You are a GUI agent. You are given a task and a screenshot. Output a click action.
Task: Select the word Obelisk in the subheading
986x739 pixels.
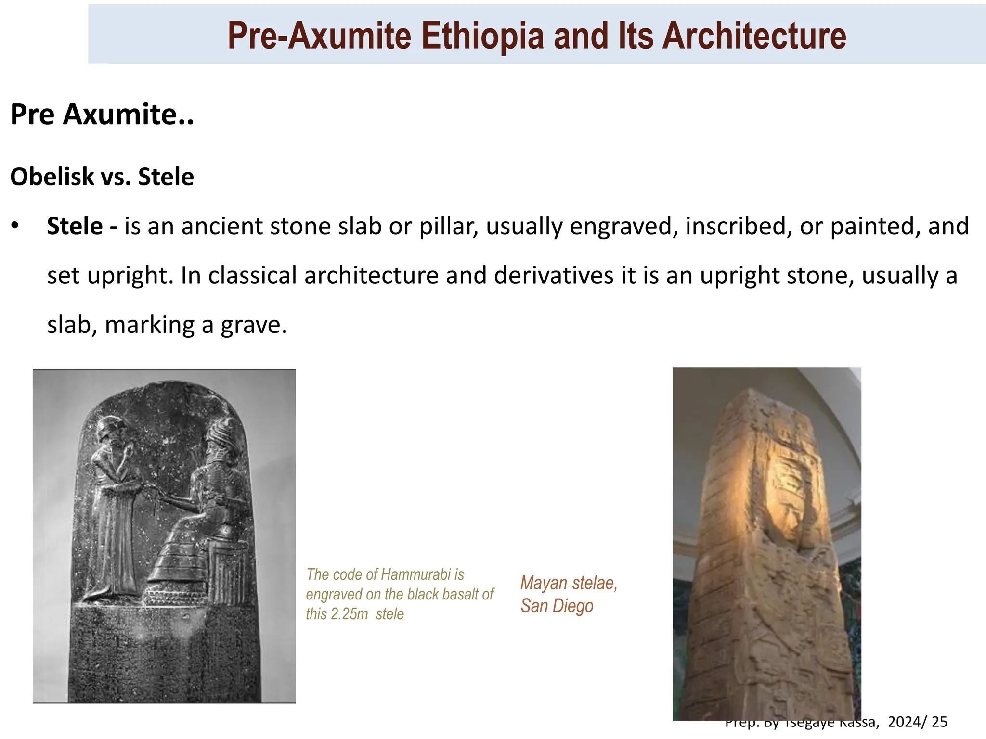(x=52, y=177)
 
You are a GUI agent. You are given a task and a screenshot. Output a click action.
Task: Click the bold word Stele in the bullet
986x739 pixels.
(x=75, y=226)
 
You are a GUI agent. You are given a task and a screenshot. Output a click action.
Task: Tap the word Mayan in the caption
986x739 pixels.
(x=544, y=583)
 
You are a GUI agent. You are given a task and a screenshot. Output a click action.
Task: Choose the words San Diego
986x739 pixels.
(x=557, y=606)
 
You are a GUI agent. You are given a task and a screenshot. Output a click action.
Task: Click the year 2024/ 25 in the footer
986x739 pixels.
(x=917, y=722)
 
